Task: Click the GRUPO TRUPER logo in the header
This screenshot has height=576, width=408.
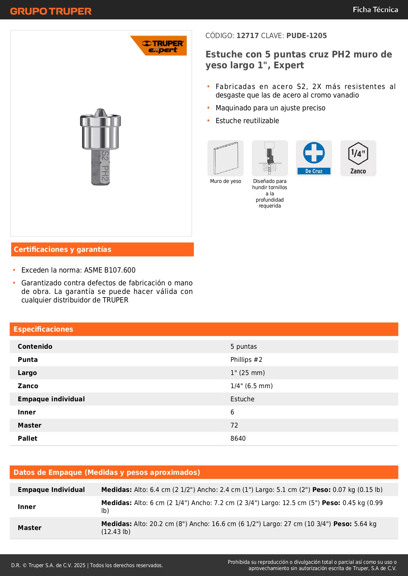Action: coord(51,11)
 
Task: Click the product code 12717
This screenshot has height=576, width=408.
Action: coord(247,35)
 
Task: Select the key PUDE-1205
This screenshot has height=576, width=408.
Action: coord(306,35)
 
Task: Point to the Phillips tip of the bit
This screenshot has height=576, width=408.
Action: coord(100,112)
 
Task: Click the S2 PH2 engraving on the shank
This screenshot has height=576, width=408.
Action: coord(105,166)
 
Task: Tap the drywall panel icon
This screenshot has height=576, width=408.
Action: coord(226,158)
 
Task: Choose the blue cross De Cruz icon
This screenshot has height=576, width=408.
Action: coord(314,158)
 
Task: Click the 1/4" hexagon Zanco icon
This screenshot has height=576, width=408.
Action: coord(358,158)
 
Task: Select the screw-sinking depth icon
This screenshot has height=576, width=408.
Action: coord(270,158)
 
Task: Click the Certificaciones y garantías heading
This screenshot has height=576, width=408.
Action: coord(62,250)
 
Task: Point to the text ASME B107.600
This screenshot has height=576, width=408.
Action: coord(110,270)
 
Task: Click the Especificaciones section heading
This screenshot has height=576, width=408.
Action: coord(43,329)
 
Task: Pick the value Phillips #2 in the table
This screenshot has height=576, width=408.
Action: coord(246,360)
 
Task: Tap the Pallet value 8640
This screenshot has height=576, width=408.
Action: coord(238,438)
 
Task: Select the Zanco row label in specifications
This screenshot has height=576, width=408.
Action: coord(28,386)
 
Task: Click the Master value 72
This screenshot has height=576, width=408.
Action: coord(234,425)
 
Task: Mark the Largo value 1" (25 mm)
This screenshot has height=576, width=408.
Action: coord(247,373)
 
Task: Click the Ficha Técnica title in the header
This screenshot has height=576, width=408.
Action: coord(375,10)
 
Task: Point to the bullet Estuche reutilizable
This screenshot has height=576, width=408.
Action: coord(247,121)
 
